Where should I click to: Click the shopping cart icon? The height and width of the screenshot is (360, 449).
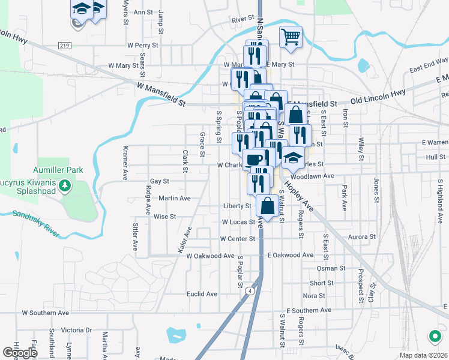291,37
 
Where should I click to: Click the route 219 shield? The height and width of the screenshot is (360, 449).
65,45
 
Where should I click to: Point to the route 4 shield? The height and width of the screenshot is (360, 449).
247,291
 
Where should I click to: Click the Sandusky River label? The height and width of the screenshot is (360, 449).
36,224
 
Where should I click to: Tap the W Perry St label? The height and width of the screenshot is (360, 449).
142,45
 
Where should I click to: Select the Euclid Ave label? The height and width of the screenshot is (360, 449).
202,294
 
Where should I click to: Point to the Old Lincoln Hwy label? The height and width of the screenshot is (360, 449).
378,95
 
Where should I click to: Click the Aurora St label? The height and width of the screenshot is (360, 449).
361,237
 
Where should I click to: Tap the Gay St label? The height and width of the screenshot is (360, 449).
160,181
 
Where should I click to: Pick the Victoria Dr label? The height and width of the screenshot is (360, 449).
76,330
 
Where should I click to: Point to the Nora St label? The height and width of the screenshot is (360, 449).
314,296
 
